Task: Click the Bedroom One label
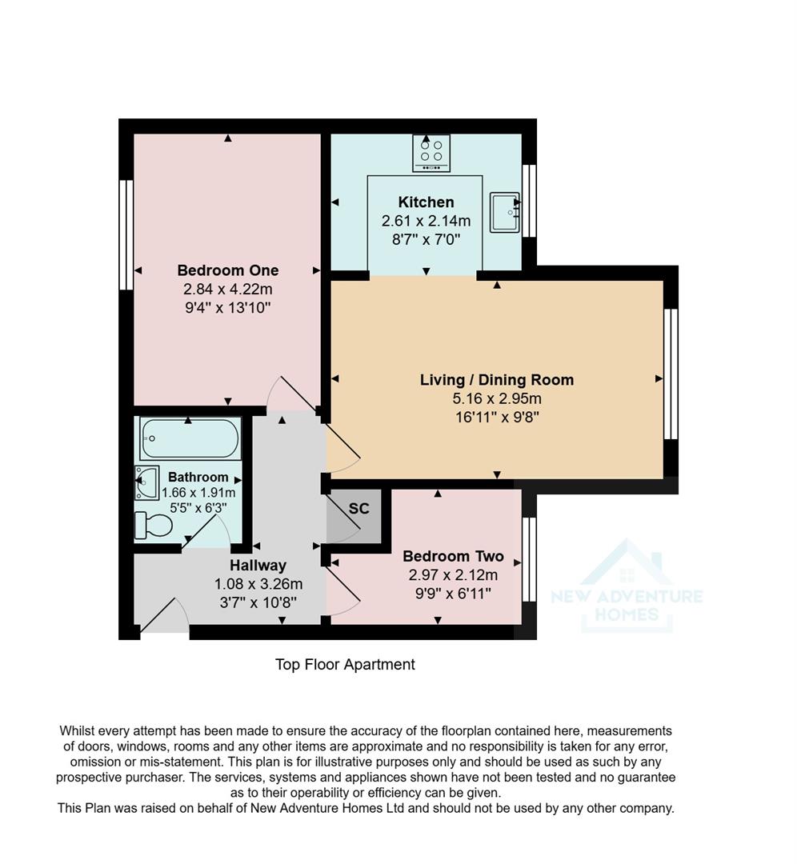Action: (x=227, y=270)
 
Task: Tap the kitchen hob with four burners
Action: (x=431, y=153)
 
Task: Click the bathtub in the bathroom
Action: (x=190, y=438)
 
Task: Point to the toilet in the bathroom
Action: (x=154, y=526)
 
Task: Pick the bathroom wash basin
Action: (x=147, y=482)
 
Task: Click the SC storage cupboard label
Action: (x=358, y=509)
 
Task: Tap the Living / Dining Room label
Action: (x=496, y=380)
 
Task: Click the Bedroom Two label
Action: (x=453, y=557)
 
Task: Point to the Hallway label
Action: (x=258, y=566)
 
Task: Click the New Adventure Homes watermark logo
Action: (x=627, y=586)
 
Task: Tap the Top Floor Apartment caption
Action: (x=345, y=665)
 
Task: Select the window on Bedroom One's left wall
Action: (x=126, y=234)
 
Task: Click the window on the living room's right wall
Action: (x=671, y=374)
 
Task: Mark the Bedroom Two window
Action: (x=527, y=559)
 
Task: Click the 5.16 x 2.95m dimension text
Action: (x=496, y=398)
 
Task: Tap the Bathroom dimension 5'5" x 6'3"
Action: (x=198, y=507)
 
